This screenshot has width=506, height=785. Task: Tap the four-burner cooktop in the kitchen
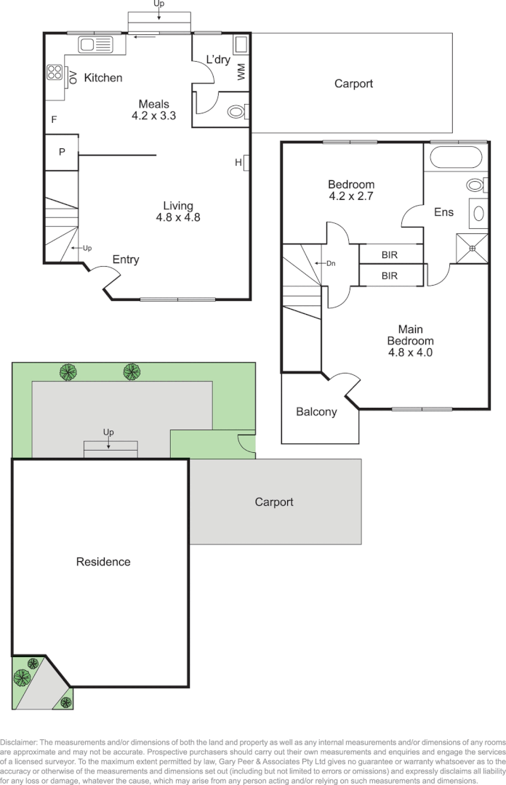(x=55, y=72)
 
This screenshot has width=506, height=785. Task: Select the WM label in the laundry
(x=241, y=72)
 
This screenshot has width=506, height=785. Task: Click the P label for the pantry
(x=62, y=152)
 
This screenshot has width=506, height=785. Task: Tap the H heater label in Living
(x=238, y=162)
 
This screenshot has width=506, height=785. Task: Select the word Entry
(x=126, y=259)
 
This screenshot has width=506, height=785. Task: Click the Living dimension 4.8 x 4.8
(x=178, y=217)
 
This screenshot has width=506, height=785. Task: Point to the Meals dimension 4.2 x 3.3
(x=153, y=115)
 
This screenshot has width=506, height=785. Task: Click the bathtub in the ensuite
(x=456, y=157)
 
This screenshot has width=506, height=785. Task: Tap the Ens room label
(x=443, y=212)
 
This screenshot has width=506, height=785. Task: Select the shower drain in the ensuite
(x=472, y=249)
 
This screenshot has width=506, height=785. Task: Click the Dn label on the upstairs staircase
(x=330, y=263)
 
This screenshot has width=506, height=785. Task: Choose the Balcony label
(x=316, y=412)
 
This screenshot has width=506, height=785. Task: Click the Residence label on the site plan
(x=104, y=561)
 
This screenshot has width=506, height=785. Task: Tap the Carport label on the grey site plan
(x=273, y=502)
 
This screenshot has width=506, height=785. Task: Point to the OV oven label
(x=73, y=73)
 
